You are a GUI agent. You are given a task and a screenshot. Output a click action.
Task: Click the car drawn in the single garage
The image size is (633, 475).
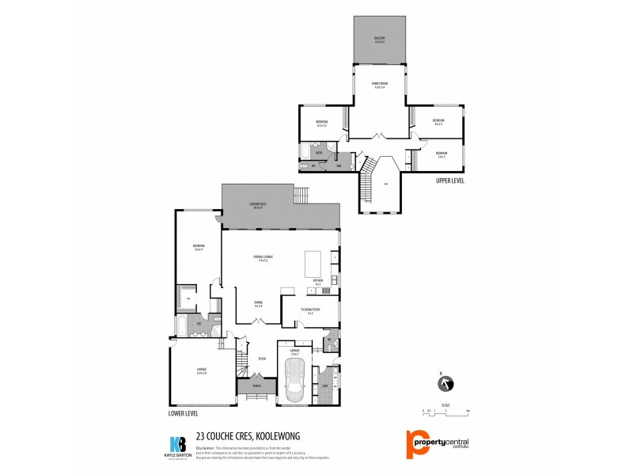(x=297, y=385)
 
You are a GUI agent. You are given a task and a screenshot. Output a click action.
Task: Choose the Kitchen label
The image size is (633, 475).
(x=318, y=281)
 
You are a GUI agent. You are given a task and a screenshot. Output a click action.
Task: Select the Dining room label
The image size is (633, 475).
(x=258, y=303)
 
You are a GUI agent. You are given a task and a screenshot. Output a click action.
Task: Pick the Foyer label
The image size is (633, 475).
(x=260, y=358)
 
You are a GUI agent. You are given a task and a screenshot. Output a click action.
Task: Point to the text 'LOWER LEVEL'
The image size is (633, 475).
(x=184, y=413)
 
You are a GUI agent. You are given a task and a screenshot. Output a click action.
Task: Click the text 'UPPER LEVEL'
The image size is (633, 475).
(x=450, y=181)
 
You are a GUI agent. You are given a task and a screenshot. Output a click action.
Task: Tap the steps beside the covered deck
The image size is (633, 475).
(x=301, y=194)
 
